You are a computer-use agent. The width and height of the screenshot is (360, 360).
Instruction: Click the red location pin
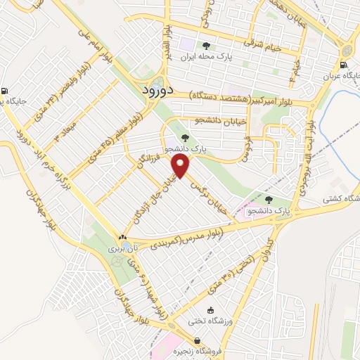tap(181, 166)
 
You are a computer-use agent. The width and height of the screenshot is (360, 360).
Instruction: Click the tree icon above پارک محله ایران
tap(205, 45)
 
